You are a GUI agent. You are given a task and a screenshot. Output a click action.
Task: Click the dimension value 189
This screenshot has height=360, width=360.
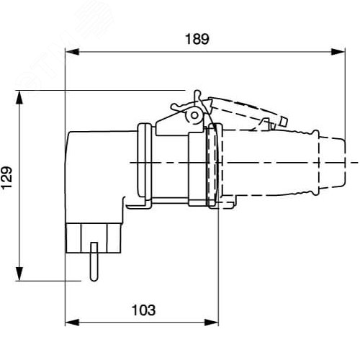pyautogui.click(x=197, y=39)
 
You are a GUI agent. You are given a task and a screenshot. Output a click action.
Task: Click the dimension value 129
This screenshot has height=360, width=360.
pyautogui.click(x=6, y=178)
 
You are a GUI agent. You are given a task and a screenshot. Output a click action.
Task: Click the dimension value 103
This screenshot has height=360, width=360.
pyautogui.click(x=143, y=310)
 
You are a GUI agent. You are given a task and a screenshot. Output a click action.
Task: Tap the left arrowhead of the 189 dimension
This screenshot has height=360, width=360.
pyautogui.click(x=72, y=52)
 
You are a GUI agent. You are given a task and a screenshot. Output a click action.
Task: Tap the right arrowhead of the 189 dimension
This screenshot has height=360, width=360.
pyautogui.click(x=338, y=52)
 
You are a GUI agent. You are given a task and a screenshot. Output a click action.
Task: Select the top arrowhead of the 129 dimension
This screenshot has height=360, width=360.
pyautogui.click(x=19, y=97)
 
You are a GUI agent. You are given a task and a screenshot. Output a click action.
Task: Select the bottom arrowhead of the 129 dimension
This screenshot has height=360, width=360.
pyautogui.click(x=19, y=274)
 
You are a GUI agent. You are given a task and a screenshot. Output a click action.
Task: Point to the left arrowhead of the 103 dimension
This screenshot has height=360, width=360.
pyautogui.click(x=72, y=323)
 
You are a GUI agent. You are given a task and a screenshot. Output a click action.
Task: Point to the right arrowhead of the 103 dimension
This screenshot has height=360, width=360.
pyautogui.click(x=212, y=323)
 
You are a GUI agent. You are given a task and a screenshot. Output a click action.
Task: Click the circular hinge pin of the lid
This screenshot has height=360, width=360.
pyautogui.click(x=194, y=115)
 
